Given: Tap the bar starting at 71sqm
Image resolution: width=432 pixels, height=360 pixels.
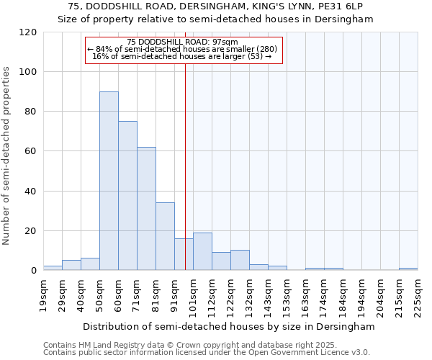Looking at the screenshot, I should (146, 209).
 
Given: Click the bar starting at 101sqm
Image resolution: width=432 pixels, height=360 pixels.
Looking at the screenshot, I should (202, 251).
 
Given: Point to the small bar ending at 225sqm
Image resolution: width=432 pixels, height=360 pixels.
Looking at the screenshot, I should (408, 269).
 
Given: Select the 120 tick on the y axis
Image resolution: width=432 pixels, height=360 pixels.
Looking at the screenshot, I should (29, 32).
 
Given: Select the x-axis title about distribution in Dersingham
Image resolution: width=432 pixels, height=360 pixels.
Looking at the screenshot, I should (229, 326).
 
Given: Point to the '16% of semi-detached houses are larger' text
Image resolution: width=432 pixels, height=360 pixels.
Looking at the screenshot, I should (182, 56).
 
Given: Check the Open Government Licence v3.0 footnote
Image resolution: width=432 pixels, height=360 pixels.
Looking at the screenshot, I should (207, 353).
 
